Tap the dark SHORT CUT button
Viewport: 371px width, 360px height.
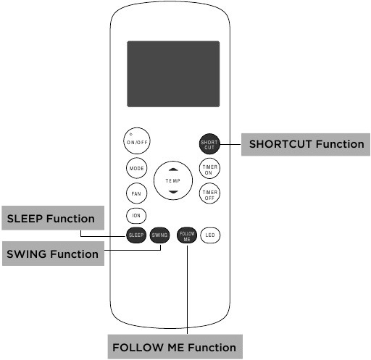pyautogui.click(x=209, y=144)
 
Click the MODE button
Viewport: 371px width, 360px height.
pyautogui.click(x=136, y=168)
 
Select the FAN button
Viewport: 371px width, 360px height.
pyautogui.click(x=136, y=193)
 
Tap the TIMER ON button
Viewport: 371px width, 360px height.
pyautogui.click(x=209, y=168)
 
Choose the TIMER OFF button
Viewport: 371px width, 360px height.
pyautogui.click(x=209, y=193)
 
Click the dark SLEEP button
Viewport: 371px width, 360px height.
pyautogui.click(x=136, y=235)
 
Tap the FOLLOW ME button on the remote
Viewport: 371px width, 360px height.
pyautogui.click(x=187, y=235)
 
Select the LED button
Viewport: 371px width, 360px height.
pyautogui.click(x=210, y=235)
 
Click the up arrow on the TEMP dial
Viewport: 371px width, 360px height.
pyautogui.click(x=173, y=169)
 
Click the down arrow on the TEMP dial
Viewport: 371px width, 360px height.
pyautogui.click(x=173, y=192)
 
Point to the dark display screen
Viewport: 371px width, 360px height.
pyautogui.click(x=173, y=74)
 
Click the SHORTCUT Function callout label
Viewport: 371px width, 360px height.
pyautogui.click(x=306, y=144)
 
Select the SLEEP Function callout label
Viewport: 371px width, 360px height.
pyautogui.click(x=53, y=218)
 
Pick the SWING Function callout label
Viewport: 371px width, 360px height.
pyautogui.click(x=53, y=254)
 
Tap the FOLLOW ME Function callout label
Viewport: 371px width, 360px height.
pyautogui.click(x=175, y=347)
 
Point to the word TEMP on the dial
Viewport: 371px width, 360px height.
pyautogui.click(x=173, y=180)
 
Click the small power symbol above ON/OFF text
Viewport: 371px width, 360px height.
pyautogui.click(x=131, y=134)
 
